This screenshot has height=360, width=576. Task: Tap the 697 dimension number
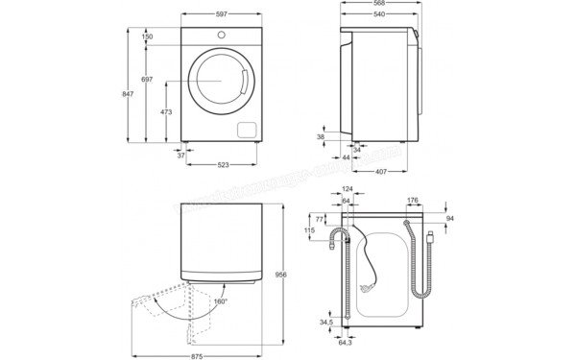(x=146, y=79)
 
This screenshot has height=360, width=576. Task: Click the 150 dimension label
(x=146, y=36)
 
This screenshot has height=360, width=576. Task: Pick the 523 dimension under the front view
(x=223, y=166)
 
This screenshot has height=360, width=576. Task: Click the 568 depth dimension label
(x=382, y=5)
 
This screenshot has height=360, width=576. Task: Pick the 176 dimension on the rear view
(x=413, y=201)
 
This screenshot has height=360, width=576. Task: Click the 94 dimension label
(x=449, y=219)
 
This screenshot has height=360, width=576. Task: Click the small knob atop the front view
(x=221, y=36)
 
